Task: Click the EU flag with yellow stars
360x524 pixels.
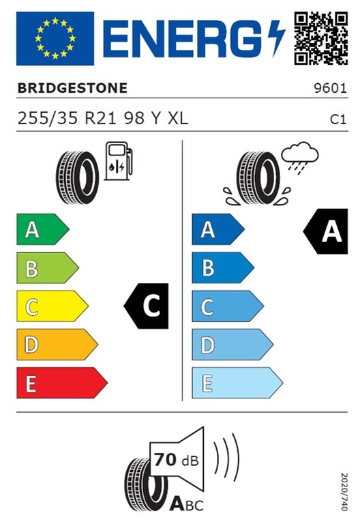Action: point(55,38)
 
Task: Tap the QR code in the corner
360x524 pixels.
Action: point(321,38)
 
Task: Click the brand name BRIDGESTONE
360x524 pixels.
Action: point(72,88)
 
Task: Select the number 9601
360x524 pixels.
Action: point(330,88)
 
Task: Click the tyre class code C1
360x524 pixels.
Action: point(338,119)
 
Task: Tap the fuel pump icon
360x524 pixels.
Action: point(119,161)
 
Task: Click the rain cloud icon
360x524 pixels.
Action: point(299,158)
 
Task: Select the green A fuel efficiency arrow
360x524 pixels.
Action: point(43,229)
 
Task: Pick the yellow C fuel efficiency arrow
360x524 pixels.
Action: point(52,306)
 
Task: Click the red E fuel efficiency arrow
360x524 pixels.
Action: point(62,383)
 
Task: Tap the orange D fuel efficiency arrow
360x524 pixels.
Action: point(57,345)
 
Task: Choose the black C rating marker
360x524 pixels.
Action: point(147,306)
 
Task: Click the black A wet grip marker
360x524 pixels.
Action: point(326,231)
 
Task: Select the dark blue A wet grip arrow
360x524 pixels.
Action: point(218,229)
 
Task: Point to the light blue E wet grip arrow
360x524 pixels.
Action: point(237,383)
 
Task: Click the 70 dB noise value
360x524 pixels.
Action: point(177,460)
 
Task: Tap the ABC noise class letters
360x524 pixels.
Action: point(186,504)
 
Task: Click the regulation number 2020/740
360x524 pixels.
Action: point(344,491)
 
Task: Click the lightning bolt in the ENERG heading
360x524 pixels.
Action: point(277,38)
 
